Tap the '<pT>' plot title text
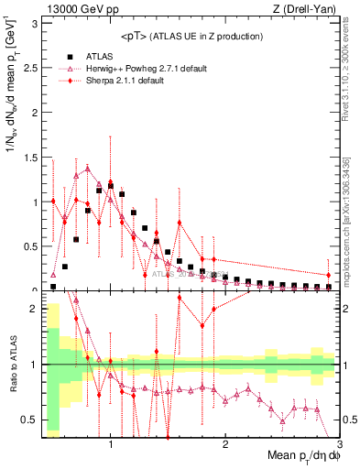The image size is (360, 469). tap(135, 36)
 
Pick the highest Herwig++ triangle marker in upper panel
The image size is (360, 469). tap(88, 169)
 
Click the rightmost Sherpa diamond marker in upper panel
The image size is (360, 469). tap(328, 275)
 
